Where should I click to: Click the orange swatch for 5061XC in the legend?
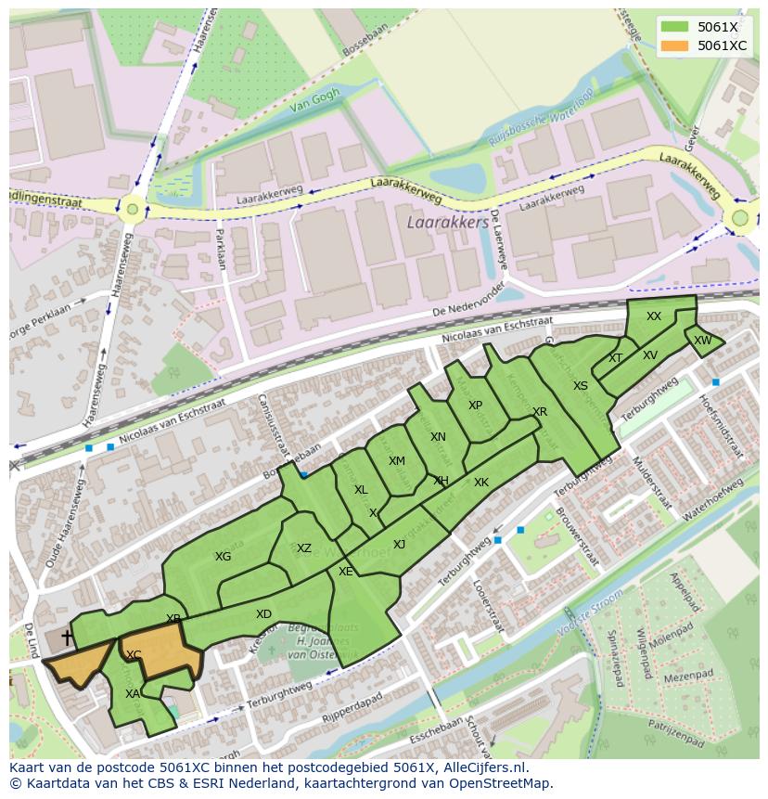(675, 45)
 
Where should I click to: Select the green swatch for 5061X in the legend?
(675, 27)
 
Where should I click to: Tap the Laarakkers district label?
(447, 224)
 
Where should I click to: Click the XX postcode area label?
(654, 316)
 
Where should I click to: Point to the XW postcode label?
(703, 341)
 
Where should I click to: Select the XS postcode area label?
(580, 386)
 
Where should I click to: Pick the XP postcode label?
(475, 406)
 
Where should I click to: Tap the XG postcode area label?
(223, 557)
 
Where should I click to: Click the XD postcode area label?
(263, 614)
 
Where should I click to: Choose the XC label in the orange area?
(134, 655)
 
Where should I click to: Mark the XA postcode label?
(133, 693)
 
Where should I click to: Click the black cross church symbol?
(67, 638)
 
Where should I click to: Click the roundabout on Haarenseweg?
(133, 209)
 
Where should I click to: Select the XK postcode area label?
(480, 483)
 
